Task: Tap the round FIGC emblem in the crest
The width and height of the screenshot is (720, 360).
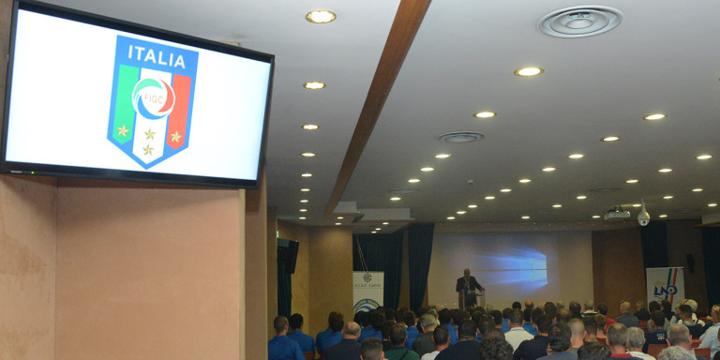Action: click(x=153, y=97)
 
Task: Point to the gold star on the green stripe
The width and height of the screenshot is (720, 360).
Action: click(x=123, y=130)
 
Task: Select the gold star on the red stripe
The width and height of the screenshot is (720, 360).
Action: click(x=175, y=137)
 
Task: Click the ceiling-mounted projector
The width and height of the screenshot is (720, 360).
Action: click(x=616, y=215)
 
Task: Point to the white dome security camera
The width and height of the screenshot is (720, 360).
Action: click(x=643, y=217)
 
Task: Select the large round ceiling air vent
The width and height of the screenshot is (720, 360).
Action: click(x=580, y=21)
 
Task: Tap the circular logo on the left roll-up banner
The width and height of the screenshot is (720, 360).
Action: click(x=367, y=305)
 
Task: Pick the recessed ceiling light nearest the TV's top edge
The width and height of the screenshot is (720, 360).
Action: click(x=321, y=16)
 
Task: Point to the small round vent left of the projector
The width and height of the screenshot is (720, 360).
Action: click(x=460, y=137)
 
